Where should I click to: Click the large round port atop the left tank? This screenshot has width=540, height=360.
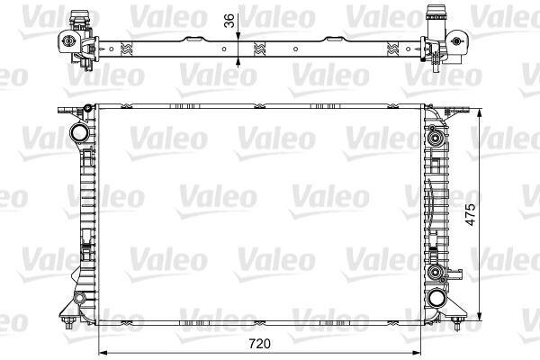tap(79, 133)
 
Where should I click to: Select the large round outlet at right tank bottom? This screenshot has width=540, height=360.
tap(438, 298)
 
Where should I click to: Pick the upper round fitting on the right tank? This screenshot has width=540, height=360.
tap(437, 139)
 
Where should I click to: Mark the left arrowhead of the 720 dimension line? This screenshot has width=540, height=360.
tap(100, 352)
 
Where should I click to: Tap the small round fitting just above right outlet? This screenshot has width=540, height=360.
tap(437, 271)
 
